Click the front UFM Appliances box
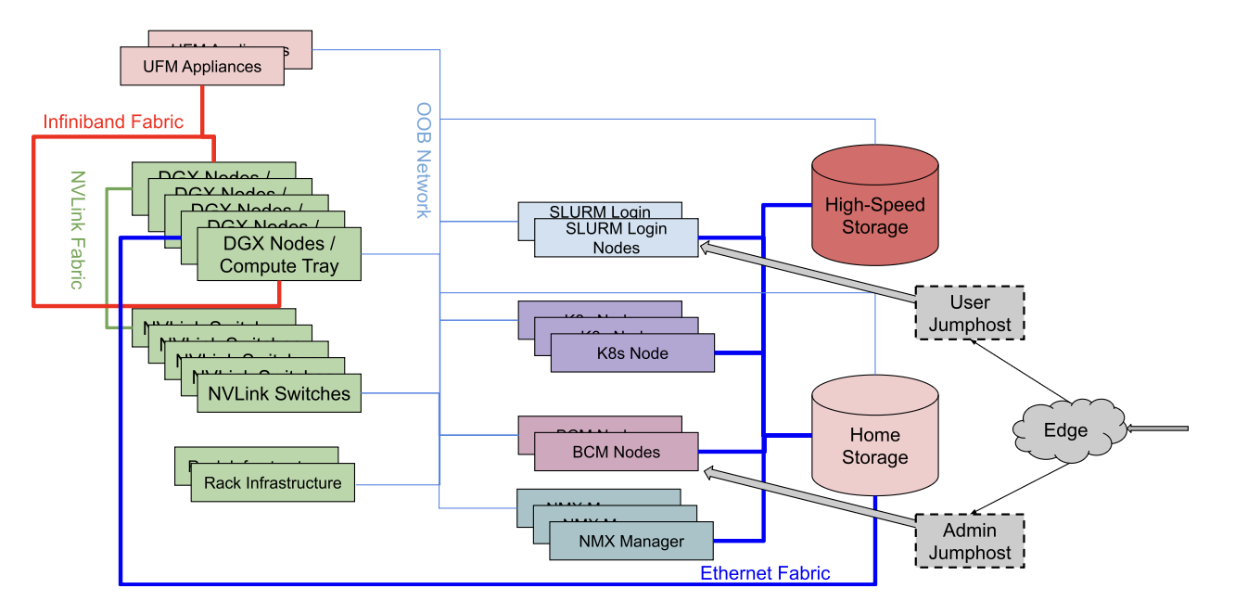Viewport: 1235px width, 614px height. pyautogui.click(x=202, y=67)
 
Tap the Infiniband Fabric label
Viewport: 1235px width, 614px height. pyautogui.click(x=113, y=122)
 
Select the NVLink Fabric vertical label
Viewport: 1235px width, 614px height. pyautogui.click(x=79, y=229)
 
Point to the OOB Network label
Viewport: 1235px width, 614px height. pyautogui.click(x=423, y=160)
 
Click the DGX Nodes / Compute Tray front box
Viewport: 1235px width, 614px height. pyautogui.click(x=279, y=255)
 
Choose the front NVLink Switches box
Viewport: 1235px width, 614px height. pyautogui.click(x=279, y=394)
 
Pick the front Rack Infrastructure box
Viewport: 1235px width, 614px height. pyautogui.click(x=273, y=483)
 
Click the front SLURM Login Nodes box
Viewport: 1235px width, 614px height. pyautogui.click(x=616, y=237)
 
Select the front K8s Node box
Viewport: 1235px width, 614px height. pyautogui.click(x=632, y=353)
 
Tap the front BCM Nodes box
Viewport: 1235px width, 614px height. pyautogui.click(x=616, y=453)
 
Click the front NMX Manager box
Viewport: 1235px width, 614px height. pyautogui.click(x=630, y=542)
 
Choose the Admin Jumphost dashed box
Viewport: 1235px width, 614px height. pyautogui.click(x=970, y=542)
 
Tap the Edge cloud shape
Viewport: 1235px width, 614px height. pyautogui.click(x=1066, y=430)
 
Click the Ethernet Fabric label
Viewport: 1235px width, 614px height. pyautogui.click(x=765, y=573)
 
